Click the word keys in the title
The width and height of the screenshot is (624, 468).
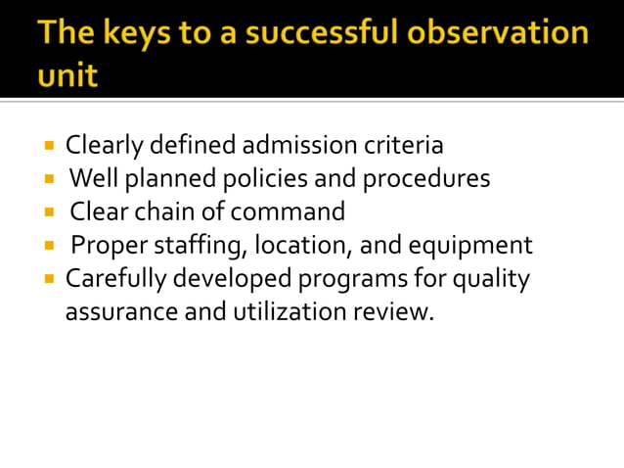[x=134, y=34]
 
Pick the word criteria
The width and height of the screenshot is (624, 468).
[x=404, y=147]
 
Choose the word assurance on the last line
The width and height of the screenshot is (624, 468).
[x=111, y=313]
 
